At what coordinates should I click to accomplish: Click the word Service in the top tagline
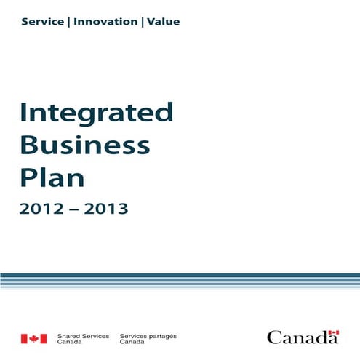tap(43, 22)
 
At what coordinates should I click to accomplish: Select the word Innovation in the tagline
tap(105, 22)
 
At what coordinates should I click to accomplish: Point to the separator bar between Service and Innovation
tap(69, 22)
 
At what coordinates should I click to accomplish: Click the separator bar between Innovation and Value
tap(142, 22)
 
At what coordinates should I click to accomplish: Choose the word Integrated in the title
tap(97, 113)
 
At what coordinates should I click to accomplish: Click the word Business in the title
tap(85, 145)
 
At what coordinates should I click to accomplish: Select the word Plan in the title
tap(52, 177)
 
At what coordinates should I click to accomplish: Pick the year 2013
tap(105, 209)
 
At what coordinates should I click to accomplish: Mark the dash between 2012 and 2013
tap(74, 210)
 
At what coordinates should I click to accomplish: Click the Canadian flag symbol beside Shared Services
tap(33, 338)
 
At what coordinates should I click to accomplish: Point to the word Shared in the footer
tap(69, 336)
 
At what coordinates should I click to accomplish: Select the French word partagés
tap(161, 336)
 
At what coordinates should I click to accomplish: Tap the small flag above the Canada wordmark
tap(333, 332)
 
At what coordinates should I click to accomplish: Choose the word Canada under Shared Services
tap(68, 342)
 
